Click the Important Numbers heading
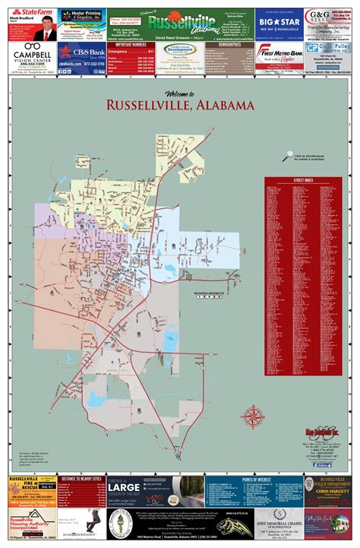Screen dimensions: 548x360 pyautogui.click(x=131, y=45)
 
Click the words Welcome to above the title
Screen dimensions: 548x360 pyautogui.click(x=176, y=93)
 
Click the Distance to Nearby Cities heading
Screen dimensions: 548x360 pyautogui.click(x=81, y=480)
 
